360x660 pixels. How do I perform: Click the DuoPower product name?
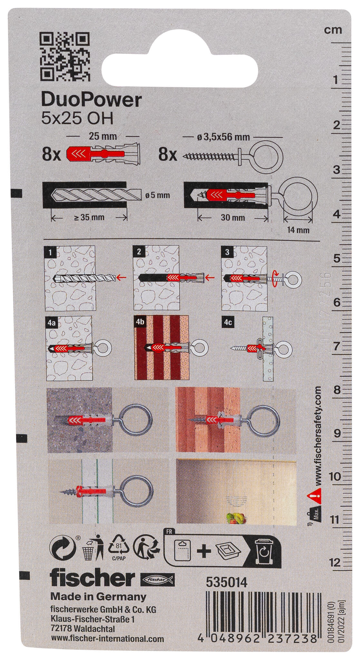(x=92, y=101)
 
